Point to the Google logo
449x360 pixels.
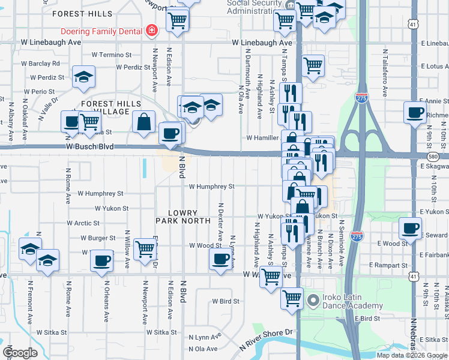(x=19, y=353)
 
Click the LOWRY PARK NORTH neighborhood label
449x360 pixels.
(x=182, y=217)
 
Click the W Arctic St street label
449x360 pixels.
(x=79, y=223)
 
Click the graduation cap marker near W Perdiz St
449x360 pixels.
(x=83, y=76)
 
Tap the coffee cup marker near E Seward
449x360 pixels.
(x=411, y=228)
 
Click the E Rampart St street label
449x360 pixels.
(x=388, y=265)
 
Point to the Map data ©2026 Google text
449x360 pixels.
(x=412, y=355)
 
